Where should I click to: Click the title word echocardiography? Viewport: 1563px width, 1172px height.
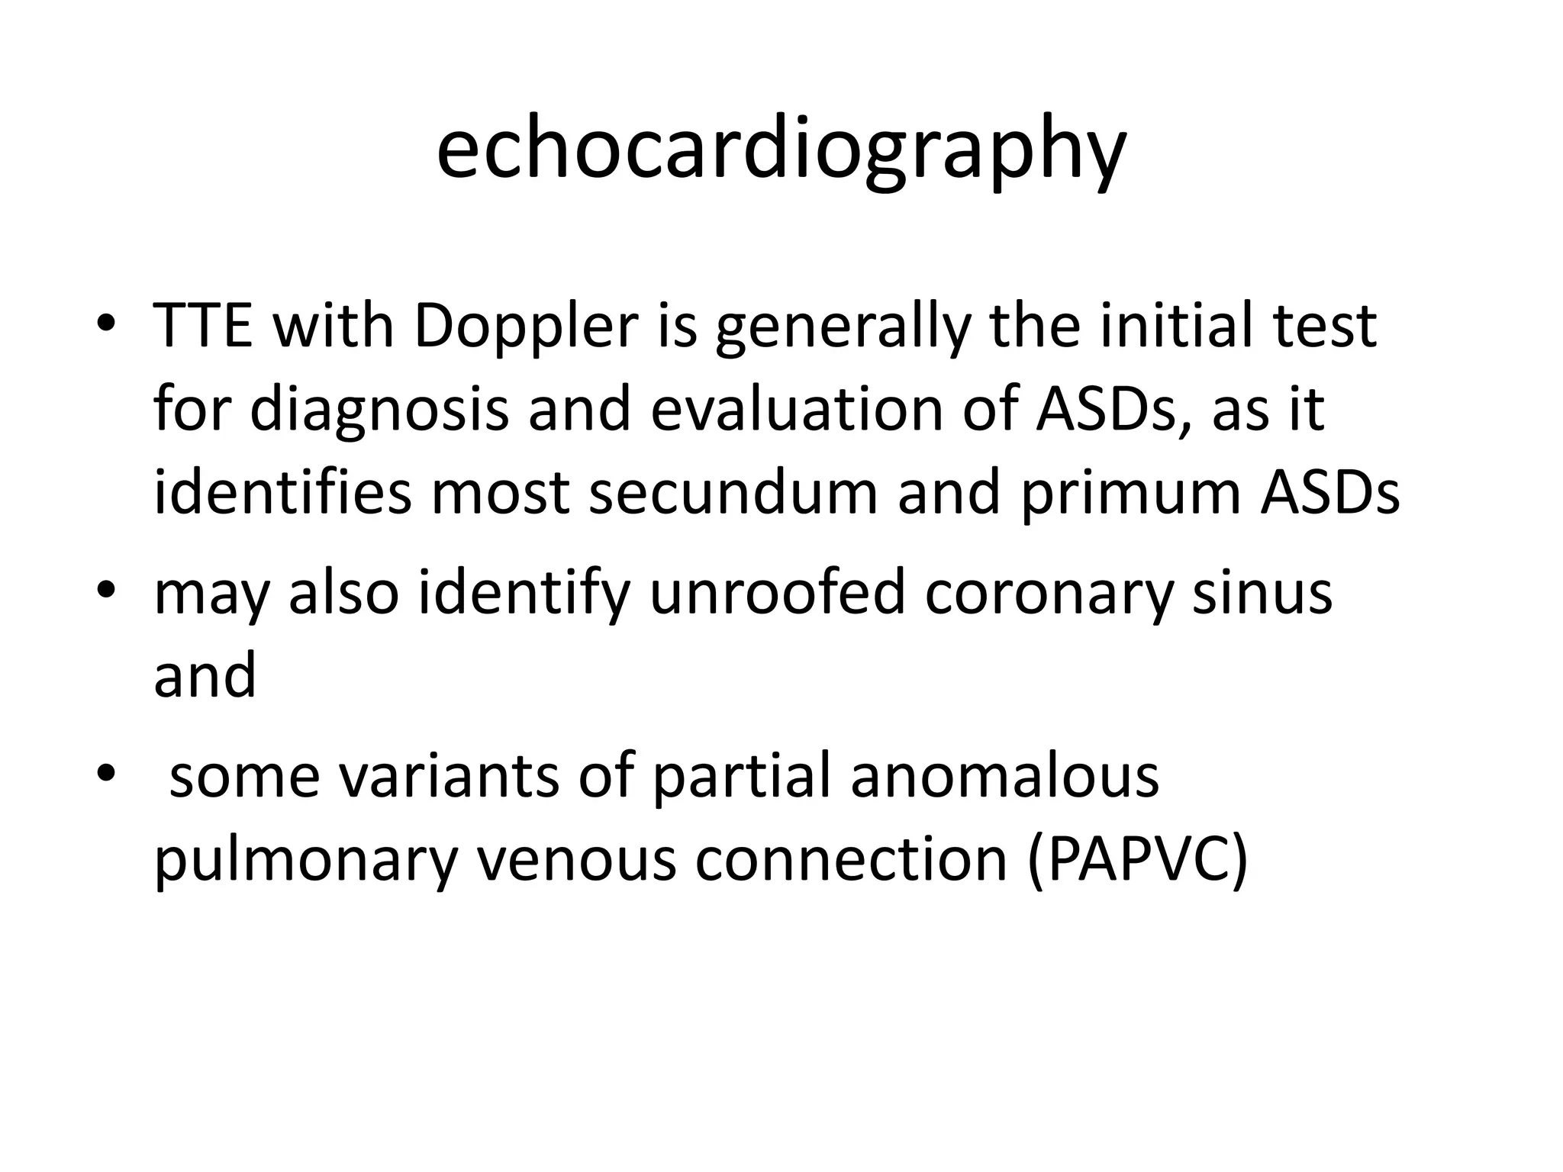781,150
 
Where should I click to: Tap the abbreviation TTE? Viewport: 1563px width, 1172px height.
203,326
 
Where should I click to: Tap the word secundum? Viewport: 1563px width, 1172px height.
733,492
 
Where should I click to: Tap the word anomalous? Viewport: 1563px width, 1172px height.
1005,776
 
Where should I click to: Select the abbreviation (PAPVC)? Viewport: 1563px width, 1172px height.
1137,860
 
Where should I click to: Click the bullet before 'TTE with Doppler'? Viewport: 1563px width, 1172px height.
106,324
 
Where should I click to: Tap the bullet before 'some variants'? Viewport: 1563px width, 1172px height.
106,774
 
